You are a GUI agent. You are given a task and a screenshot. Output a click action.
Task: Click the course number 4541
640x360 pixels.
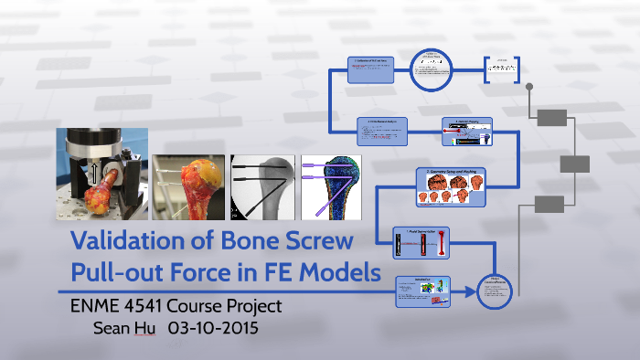coord(150,305)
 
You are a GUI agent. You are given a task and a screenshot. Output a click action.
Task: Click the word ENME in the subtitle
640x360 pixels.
coord(95,305)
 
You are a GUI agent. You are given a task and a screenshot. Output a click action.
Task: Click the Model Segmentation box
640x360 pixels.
coord(423,243)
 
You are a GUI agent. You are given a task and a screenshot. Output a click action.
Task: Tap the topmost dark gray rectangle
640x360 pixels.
coord(553,118)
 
